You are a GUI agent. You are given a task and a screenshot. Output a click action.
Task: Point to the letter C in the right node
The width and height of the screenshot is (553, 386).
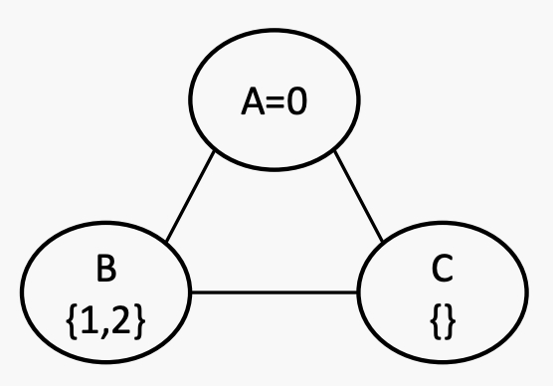(x=445, y=269)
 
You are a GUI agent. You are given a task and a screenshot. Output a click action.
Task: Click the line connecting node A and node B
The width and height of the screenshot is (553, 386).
(x=190, y=197)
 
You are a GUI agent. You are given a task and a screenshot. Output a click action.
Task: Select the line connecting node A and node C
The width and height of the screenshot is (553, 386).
(x=361, y=197)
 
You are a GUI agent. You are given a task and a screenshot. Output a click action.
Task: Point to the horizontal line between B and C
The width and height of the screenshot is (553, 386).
(x=276, y=292)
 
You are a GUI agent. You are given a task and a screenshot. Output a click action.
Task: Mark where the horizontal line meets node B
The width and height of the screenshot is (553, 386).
(x=192, y=292)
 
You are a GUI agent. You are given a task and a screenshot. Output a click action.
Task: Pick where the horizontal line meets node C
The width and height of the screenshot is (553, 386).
(x=358, y=292)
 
